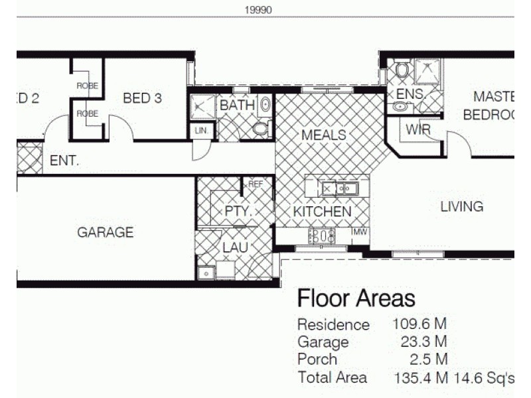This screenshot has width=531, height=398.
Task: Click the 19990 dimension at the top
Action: pos(259,10)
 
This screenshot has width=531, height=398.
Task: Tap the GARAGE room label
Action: pos(105,232)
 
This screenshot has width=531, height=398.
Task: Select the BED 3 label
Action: pos(143,98)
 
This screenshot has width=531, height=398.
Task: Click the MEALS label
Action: pos(323,135)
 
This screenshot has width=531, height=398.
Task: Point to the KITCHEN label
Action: pos(323,212)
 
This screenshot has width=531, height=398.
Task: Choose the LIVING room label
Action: pos(461,206)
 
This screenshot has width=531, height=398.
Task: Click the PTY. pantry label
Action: pos(236,212)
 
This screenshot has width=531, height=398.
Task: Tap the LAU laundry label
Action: pos(235,247)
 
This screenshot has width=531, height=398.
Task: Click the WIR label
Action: pos(419,129)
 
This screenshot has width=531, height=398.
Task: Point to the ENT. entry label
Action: pos(64,161)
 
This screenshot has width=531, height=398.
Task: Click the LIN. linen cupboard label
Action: pos(201,131)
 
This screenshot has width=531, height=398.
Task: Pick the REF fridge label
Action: pos(256,184)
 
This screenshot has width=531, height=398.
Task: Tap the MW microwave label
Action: pos(360,232)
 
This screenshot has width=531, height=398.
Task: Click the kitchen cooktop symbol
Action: pos(322,235)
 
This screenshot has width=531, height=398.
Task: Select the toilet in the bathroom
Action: pos(261,128)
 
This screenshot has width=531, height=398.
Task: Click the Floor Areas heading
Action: pos(356,298)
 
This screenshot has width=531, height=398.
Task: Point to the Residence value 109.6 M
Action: pos(419,324)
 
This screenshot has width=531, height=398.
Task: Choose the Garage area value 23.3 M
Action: pos(419,342)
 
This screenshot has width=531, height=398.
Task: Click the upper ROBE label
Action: pos(87,86)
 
